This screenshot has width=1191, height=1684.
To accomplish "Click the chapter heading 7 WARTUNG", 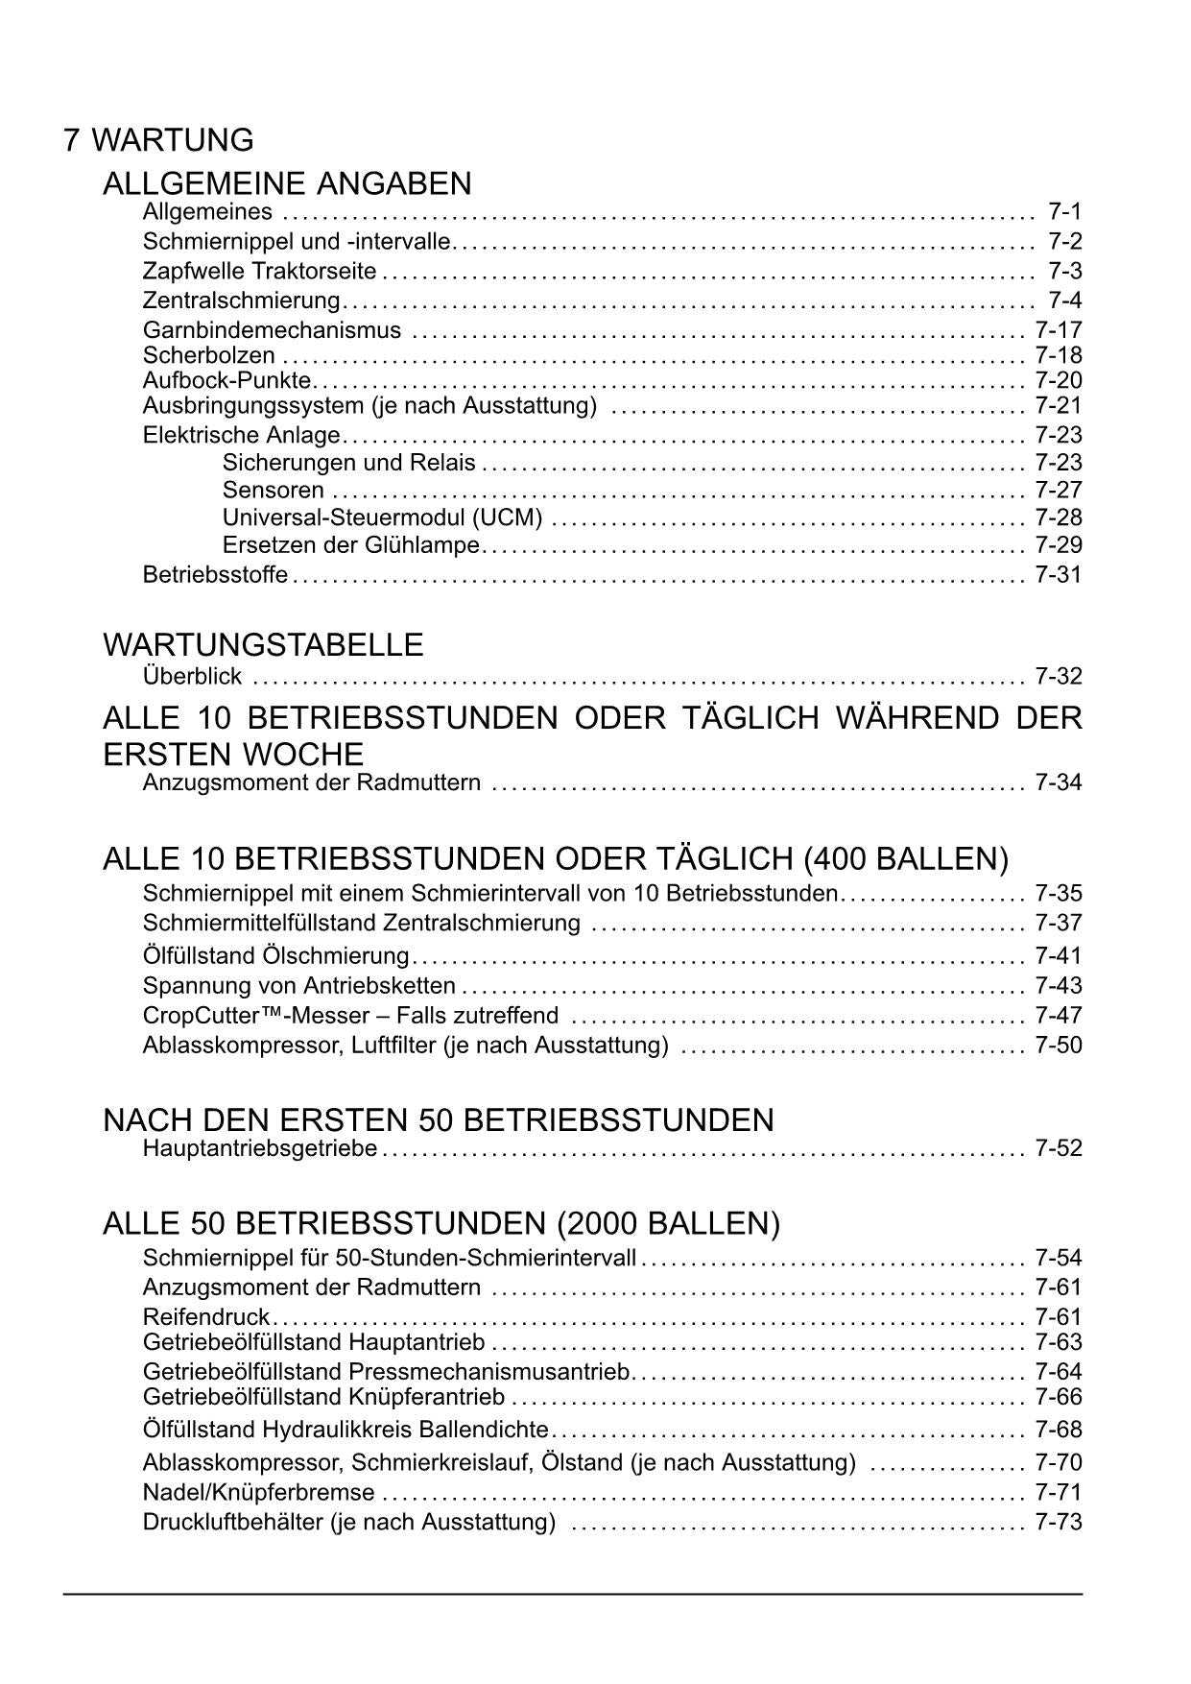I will coord(158,140).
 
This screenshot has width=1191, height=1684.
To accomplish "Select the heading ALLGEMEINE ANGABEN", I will coord(287,182).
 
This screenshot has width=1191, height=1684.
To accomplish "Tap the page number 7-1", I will coord(1064,211).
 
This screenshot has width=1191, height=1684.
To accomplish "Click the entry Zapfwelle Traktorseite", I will coord(259,271).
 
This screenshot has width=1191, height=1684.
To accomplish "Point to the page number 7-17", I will coord(1059,330).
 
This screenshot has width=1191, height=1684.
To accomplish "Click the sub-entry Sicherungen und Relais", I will coord(348,463).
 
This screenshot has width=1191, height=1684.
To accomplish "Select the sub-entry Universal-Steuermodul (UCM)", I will coord(382,517).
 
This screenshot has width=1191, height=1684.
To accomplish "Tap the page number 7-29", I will coord(1059,545).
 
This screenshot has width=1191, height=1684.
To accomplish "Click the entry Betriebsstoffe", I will coord(215,574).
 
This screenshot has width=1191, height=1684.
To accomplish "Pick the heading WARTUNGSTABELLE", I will coord(263,644).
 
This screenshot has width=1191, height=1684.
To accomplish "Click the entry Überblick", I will coord(192,676).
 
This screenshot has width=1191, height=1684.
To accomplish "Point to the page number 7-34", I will coord(1059,782).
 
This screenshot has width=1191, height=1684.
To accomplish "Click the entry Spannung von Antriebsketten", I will coord(299,985).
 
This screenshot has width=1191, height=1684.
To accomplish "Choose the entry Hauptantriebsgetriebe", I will coord(259,1147).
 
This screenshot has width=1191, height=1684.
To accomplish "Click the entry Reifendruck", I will coord(205,1316).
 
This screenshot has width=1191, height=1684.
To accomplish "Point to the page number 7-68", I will coord(1059,1430).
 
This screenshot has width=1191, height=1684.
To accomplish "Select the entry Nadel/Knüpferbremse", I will coord(258,1492).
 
